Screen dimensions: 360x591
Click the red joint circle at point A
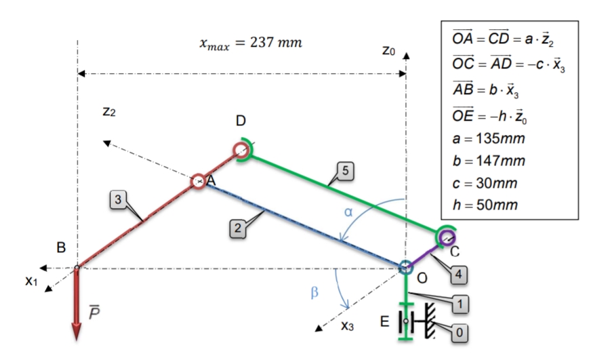pos(198,181)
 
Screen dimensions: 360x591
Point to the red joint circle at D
pos(241,149)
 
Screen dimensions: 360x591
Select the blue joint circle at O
pos(405,267)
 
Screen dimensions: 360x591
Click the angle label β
pos(314,292)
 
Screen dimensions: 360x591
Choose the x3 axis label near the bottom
pos(348,325)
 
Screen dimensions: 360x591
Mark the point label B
pos(62,248)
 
